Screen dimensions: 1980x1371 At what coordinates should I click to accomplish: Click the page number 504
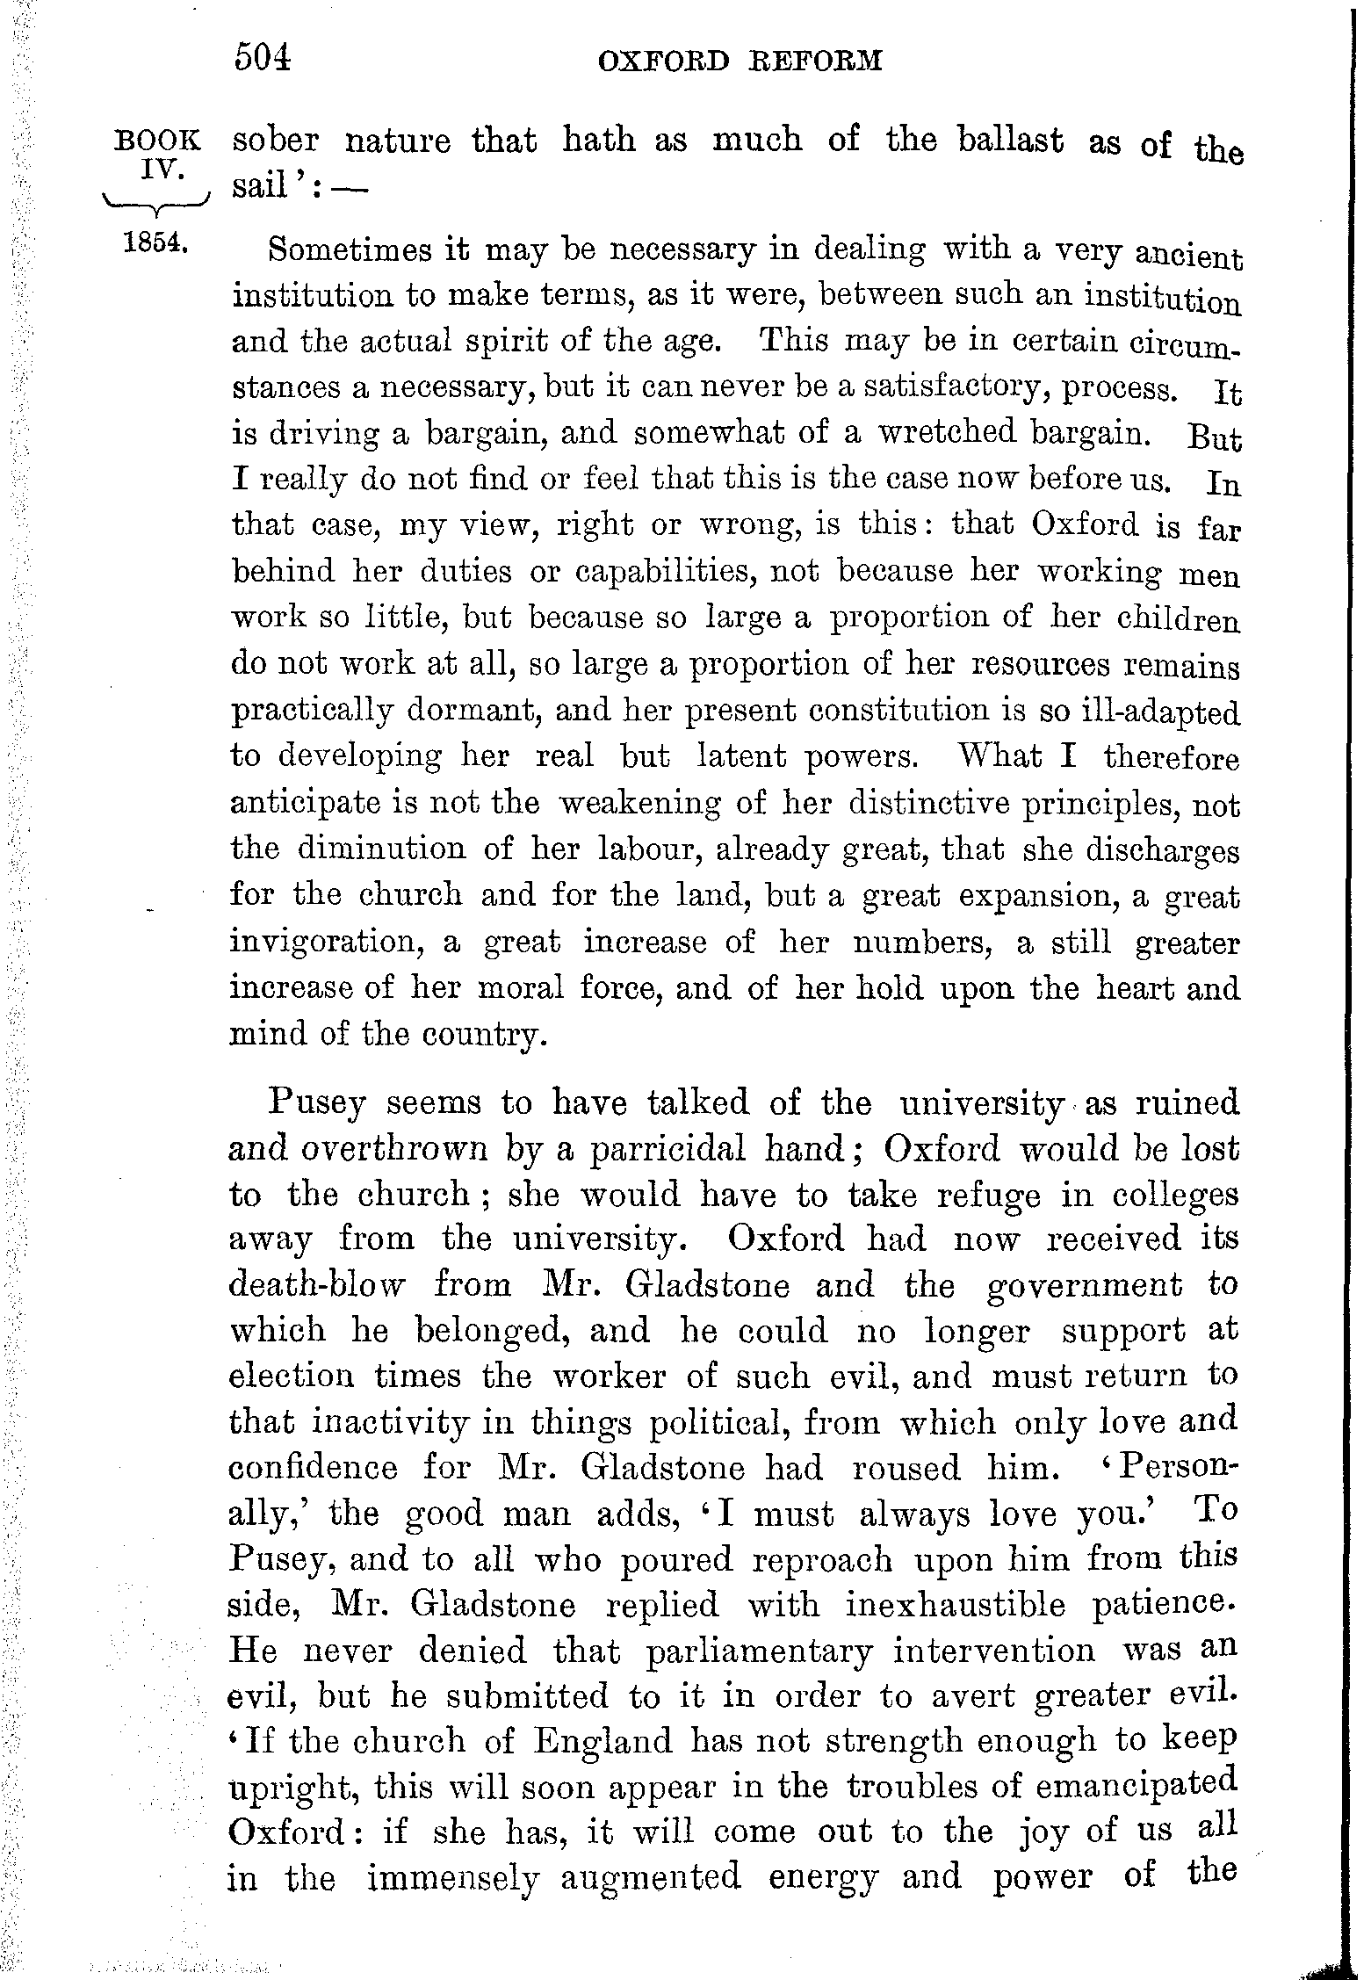(x=262, y=59)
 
